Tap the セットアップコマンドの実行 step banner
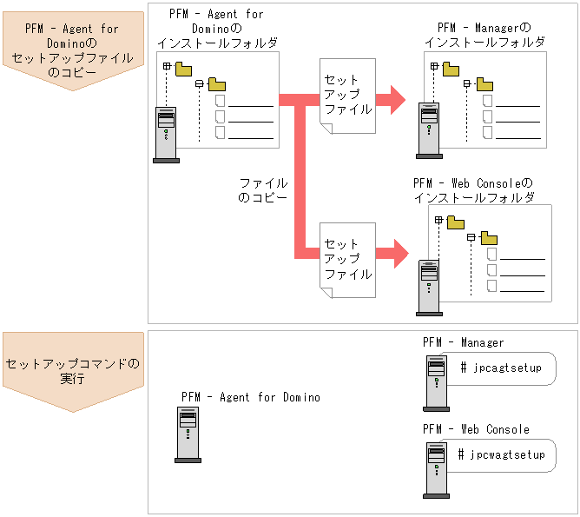click(x=73, y=371)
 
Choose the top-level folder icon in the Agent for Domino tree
click(x=184, y=68)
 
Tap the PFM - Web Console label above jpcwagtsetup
click(x=476, y=429)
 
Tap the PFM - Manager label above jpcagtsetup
click(x=463, y=343)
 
